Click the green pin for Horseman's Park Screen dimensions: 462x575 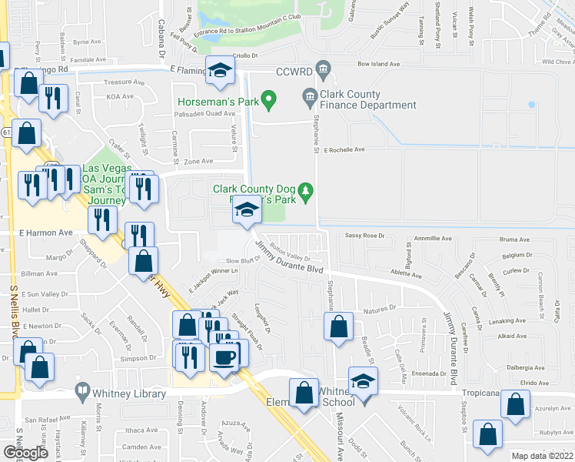pos(268,99)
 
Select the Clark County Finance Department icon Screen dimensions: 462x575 pos(311,97)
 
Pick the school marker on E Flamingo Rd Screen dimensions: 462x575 pos(221,72)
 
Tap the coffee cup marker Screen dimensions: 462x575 pos(225,357)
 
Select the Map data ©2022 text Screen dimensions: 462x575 pos(541,456)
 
